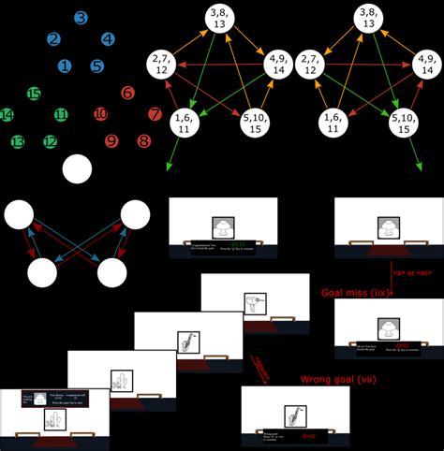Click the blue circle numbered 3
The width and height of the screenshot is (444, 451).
point(81,17)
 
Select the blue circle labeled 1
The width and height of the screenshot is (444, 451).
point(64,66)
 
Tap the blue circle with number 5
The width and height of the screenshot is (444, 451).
point(97,66)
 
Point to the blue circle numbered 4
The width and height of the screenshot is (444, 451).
point(109,39)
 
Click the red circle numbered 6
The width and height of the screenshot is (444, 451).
point(127,93)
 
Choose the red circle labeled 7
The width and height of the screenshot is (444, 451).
point(155,114)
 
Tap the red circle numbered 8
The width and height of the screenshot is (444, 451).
point(143,140)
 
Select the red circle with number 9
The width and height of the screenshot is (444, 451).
point(111,141)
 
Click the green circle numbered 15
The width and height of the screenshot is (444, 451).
point(34,93)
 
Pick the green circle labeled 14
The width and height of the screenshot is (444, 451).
point(7,114)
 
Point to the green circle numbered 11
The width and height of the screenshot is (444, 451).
point(61,115)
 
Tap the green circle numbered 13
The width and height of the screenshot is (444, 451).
point(18,141)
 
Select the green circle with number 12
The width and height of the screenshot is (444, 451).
point(50,141)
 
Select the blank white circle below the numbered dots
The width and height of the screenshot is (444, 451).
point(78,169)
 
